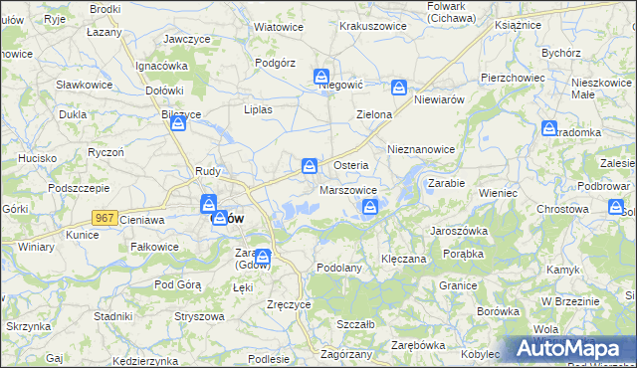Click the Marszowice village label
click(347, 190)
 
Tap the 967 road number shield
click(104, 217)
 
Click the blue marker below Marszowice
click(370, 207)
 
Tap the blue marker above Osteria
click(311, 164)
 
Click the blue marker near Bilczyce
click(178, 123)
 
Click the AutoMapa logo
click(568, 348)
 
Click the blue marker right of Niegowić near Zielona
click(399, 88)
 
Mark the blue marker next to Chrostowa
click(614, 207)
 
